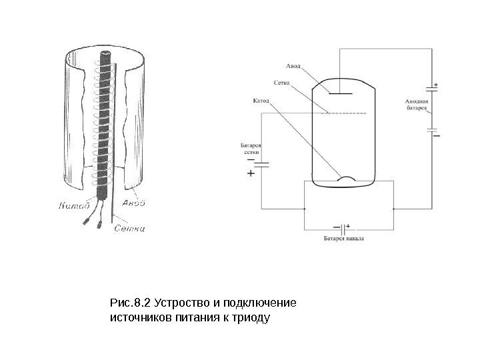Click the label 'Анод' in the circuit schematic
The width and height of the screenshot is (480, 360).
[x=293, y=66]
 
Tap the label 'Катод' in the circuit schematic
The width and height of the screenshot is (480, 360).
[x=261, y=101]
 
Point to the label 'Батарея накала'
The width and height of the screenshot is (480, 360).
[x=344, y=237]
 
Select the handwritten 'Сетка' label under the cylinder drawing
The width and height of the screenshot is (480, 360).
[x=129, y=229]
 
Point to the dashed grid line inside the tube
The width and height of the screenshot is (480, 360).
[x=344, y=114]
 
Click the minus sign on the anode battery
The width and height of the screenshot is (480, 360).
[x=437, y=135]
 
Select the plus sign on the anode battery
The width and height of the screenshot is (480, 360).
[x=435, y=85]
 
